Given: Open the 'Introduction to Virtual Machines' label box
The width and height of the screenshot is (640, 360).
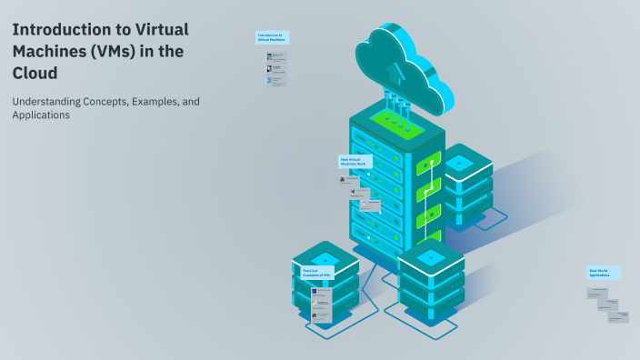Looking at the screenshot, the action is click(x=273, y=38).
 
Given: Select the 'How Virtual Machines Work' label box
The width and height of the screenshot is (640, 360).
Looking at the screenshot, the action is click(x=355, y=161).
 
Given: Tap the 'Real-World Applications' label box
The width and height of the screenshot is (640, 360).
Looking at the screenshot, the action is click(x=604, y=273).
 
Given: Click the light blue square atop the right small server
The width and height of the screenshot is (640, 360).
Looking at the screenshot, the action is click(x=459, y=163).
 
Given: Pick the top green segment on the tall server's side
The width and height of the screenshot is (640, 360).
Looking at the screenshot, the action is click(x=428, y=165).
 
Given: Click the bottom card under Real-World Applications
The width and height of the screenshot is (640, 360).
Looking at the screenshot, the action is click(x=618, y=315).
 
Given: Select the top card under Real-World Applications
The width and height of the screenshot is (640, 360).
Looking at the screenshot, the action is click(x=597, y=293).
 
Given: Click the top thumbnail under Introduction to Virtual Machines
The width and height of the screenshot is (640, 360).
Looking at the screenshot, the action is click(x=275, y=57).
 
